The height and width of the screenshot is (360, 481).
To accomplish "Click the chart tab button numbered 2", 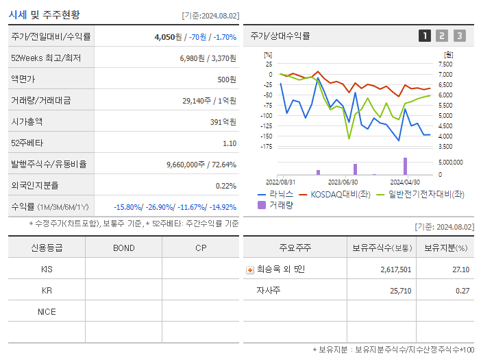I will coord(442,36).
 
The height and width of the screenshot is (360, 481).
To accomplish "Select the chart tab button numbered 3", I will coord(459,36).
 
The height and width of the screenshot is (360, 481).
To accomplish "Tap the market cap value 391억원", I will coord(222,121).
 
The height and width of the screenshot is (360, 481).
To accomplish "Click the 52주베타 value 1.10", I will coord(230,143).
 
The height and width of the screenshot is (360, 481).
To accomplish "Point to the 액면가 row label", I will coord(23,79).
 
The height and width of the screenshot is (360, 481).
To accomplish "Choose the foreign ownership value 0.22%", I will coord(226,185).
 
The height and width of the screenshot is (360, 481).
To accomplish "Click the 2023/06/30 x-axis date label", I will coord(343,182).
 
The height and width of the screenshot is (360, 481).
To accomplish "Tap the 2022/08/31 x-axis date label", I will coord(280,182).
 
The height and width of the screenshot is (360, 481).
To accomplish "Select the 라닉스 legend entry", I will coord(275,195).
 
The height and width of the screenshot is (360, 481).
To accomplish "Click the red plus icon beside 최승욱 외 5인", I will coord(250,269).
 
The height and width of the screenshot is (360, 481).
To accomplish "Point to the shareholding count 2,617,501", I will coord(396,269).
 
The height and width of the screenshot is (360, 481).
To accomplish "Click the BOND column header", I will coord(123,248).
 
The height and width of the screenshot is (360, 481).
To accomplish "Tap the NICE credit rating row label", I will coord(47,312).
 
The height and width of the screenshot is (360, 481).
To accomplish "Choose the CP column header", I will coord(200,248).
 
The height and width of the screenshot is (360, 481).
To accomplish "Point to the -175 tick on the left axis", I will coord(266,146).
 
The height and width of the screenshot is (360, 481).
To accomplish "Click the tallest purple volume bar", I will coord(405,166).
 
